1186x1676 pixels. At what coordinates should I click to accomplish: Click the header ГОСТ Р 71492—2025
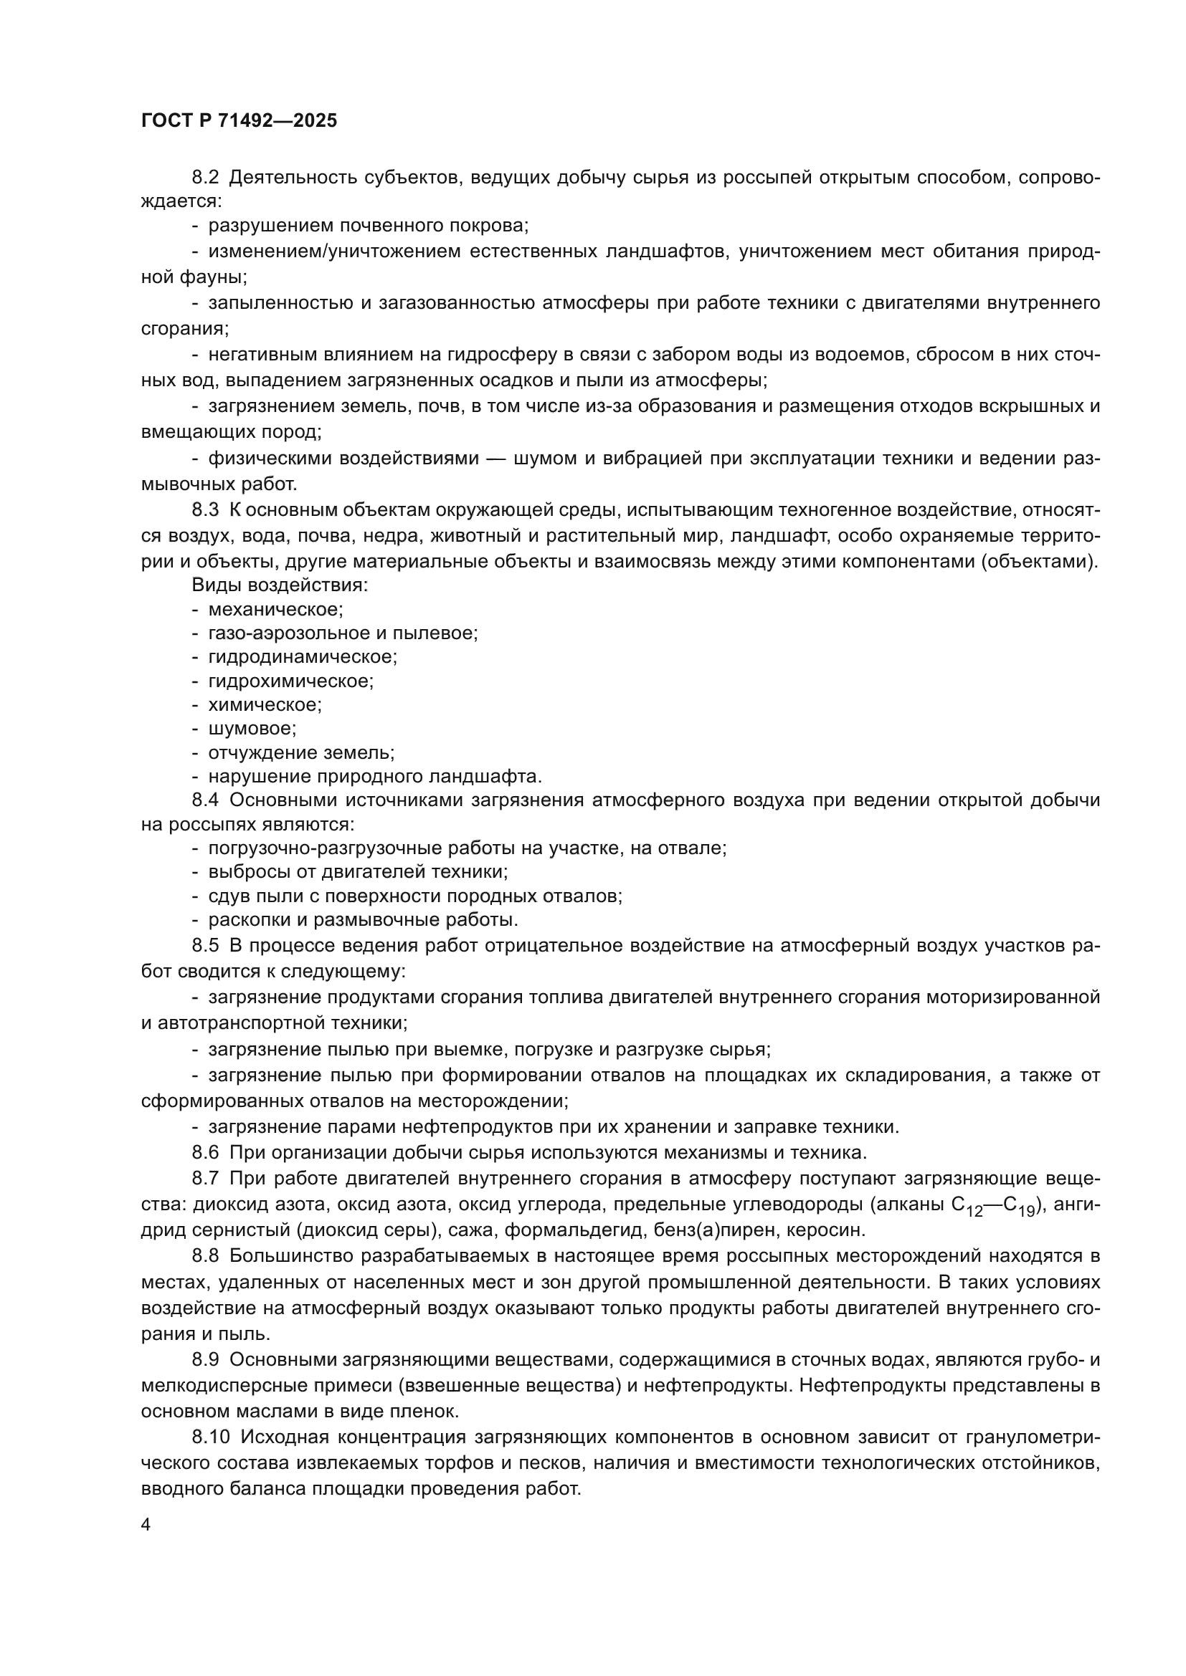pos(239,121)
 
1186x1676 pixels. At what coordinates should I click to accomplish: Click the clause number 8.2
pos(205,178)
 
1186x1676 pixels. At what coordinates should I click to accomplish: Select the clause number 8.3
pos(205,509)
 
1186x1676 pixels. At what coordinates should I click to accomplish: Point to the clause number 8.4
pos(205,800)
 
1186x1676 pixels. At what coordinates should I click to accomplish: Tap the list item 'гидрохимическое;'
pos(290,681)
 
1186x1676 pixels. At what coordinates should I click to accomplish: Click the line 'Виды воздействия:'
pos(280,585)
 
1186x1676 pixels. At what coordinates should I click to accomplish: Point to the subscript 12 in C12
pos(976,1211)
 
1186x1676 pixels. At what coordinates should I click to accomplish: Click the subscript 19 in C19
pos(1026,1211)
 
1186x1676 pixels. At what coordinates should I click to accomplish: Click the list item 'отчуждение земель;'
pos(301,752)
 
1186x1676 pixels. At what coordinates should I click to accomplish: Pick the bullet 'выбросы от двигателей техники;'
pos(358,871)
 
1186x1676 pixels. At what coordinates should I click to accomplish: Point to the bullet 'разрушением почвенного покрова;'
pos(368,226)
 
